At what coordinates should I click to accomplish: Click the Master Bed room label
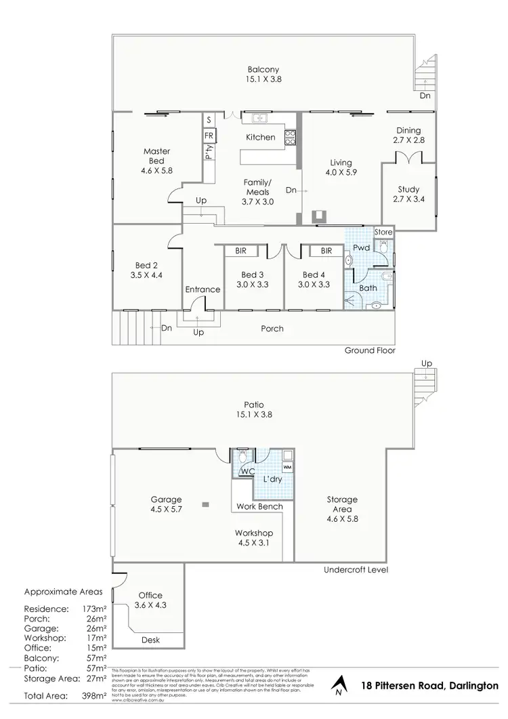click(156, 156)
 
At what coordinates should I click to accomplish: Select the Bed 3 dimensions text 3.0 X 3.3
click(252, 285)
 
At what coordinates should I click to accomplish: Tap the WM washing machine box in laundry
click(287, 468)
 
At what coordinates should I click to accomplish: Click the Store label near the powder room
click(383, 232)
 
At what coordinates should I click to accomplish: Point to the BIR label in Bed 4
click(326, 251)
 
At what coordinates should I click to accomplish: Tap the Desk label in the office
click(150, 640)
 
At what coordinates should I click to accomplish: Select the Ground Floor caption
click(370, 351)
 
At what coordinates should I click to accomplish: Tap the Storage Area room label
click(341, 504)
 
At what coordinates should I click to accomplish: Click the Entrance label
click(203, 289)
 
